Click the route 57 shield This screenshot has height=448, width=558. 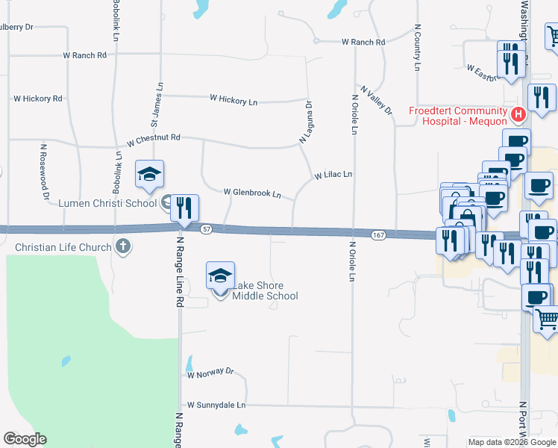point(207,229)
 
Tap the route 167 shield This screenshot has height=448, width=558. point(377,234)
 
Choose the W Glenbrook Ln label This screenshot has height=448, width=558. point(252,193)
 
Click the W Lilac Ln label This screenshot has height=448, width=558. point(333,175)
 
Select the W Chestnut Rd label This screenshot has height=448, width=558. point(154,139)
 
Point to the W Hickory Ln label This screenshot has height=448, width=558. point(233,99)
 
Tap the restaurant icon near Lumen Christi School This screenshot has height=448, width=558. point(184,207)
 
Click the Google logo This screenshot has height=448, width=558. point(25,439)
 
